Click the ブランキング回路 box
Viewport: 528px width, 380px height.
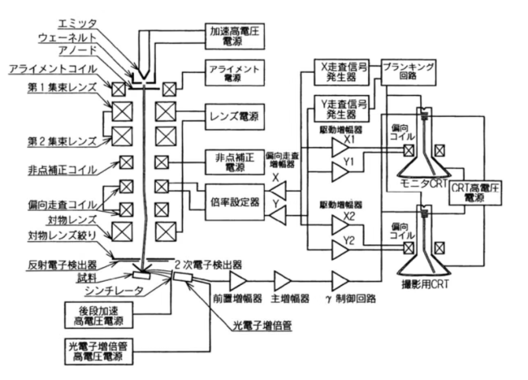pyautogui.click(x=410, y=67)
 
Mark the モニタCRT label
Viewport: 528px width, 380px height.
pyautogui.click(x=427, y=184)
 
